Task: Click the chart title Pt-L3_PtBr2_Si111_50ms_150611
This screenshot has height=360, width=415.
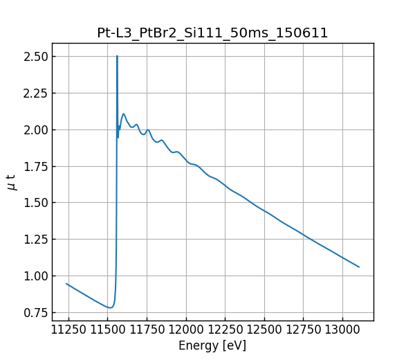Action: (x=212, y=33)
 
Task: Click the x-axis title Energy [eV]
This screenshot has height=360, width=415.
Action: (x=212, y=345)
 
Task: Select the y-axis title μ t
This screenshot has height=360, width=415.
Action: (x=11, y=182)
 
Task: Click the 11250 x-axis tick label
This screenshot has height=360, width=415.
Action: (x=68, y=329)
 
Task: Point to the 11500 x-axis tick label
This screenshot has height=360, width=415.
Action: (x=108, y=329)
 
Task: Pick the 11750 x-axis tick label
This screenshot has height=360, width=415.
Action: (x=147, y=329)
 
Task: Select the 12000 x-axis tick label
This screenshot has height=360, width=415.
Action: (x=187, y=329)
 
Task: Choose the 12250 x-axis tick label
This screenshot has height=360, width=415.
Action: (x=226, y=329)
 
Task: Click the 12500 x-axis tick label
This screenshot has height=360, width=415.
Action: (x=266, y=329)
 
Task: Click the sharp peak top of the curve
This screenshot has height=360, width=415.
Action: (x=117, y=56)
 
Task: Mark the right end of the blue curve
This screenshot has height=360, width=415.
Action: (x=359, y=267)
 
